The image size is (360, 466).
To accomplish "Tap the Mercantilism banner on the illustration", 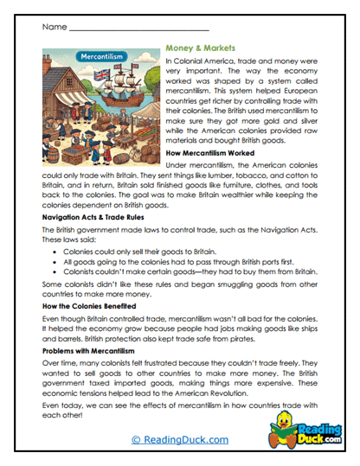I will pyautogui.click(x=102, y=57).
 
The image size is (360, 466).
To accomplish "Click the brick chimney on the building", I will pyautogui.click(x=52, y=72).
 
